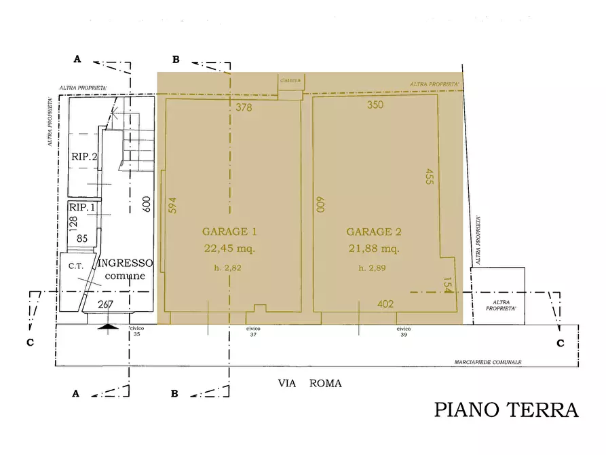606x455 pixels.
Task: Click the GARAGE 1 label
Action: pos(229,231)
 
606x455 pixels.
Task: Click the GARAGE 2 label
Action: pos(374,232)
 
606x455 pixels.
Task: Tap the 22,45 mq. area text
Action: pos(229,249)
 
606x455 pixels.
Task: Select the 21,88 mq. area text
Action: pos(374,249)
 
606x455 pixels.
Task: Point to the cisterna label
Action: pos(290,80)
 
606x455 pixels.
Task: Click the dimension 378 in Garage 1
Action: pos(244,107)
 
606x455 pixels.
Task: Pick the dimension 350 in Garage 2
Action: pos(375,105)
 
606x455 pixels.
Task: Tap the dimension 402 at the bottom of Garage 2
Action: pos(385,304)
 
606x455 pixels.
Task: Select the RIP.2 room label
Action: pos(83,156)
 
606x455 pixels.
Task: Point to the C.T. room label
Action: pos(75,266)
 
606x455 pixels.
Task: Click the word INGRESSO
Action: pos(126,263)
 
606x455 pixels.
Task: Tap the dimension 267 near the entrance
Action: pos(105,304)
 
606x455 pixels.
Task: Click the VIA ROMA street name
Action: pos(309,384)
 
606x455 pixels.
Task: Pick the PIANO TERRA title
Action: pos(506,410)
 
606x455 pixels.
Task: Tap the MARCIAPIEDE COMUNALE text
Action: pos(487,363)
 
